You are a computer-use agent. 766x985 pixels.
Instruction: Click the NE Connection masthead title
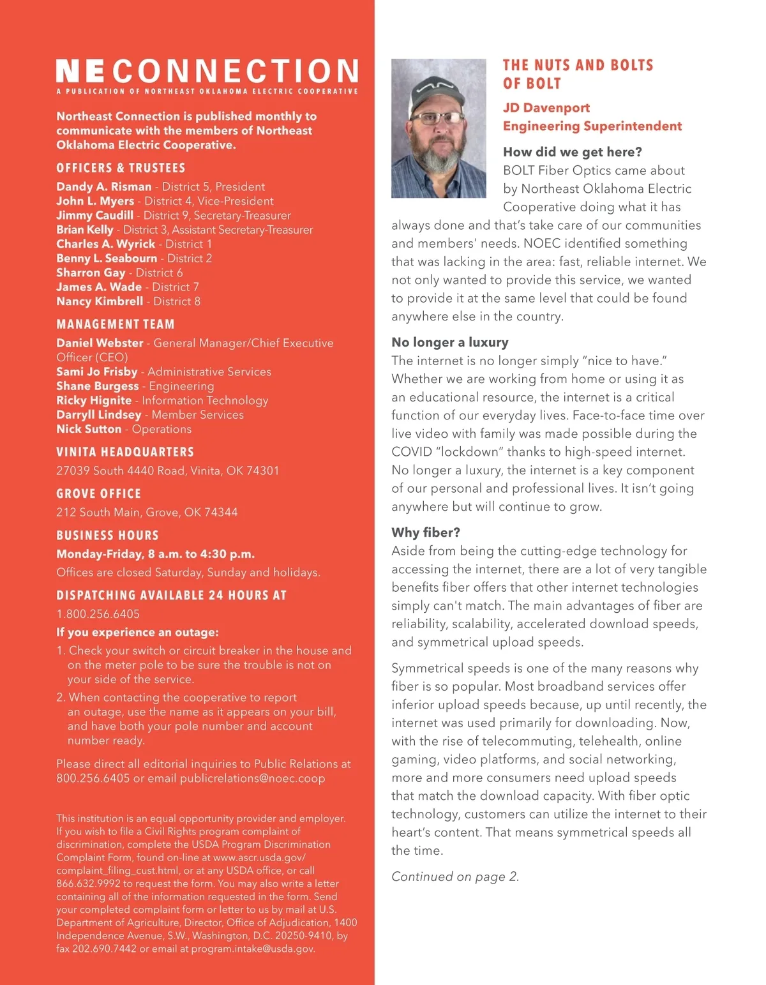click(x=207, y=71)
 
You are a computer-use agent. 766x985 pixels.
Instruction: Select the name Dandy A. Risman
click(x=103, y=186)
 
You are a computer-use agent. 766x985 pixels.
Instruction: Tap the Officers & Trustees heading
click(x=121, y=168)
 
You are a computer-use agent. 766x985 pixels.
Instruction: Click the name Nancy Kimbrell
click(x=99, y=301)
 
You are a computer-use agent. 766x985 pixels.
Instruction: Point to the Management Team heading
click(x=115, y=324)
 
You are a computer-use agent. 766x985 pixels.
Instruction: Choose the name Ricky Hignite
click(x=93, y=400)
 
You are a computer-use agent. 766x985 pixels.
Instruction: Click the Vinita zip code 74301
click(x=262, y=470)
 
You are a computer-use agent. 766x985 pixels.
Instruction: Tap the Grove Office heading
click(x=98, y=493)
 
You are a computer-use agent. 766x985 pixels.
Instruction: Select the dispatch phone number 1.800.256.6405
click(x=98, y=614)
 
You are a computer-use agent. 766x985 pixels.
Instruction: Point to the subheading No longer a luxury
click(x=449, y=342)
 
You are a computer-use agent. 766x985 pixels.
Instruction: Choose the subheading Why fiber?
click(x=425, y=532)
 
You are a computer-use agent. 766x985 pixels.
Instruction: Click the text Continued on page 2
click(x=454, y=876)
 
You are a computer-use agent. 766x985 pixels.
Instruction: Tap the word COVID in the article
click(x=411, y=452)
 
